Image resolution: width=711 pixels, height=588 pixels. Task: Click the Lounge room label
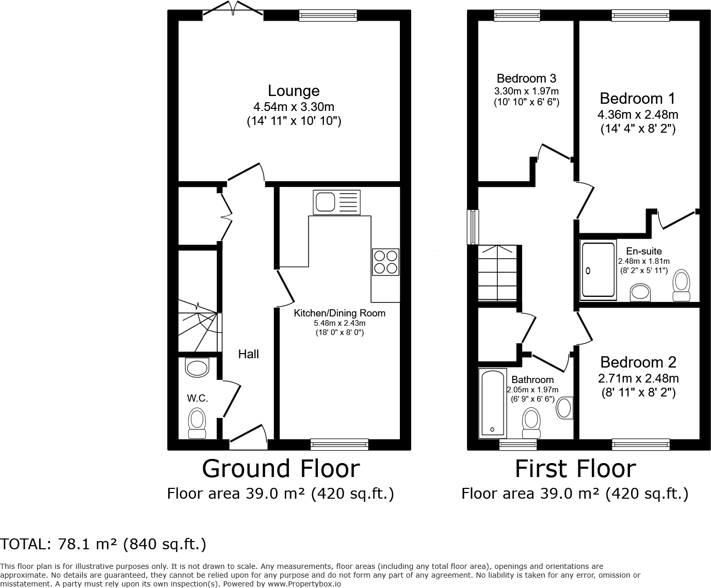(294, 91)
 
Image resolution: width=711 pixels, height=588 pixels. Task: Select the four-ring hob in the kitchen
(385, 262)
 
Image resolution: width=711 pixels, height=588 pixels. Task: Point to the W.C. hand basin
(197, 368)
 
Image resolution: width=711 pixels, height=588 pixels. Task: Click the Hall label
(248, 354)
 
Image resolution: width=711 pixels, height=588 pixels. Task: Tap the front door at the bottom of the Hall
(248, 434)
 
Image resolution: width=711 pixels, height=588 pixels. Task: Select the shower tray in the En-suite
(598, 269)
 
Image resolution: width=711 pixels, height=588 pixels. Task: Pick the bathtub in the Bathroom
(492, 404)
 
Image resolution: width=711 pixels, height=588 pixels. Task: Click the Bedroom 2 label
(638, 362)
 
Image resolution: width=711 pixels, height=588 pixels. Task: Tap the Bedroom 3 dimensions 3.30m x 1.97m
(526, 91)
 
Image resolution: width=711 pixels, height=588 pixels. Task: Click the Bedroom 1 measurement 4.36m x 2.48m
(638, 114)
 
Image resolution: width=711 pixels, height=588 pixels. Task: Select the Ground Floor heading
(281, 469)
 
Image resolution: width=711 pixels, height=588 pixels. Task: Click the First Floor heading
(575, 469)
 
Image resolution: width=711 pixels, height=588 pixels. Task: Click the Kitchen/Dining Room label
(340, 313)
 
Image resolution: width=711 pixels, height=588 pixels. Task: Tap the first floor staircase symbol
(497, 273)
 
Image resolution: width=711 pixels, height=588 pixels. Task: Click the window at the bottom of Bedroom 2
(640, 444)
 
